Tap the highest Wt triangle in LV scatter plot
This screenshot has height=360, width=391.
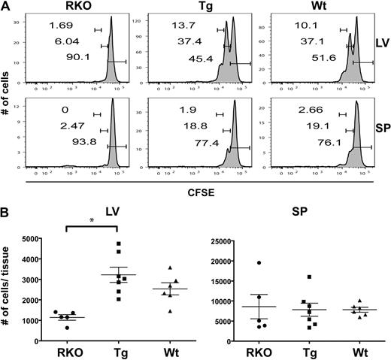pos(171,268)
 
